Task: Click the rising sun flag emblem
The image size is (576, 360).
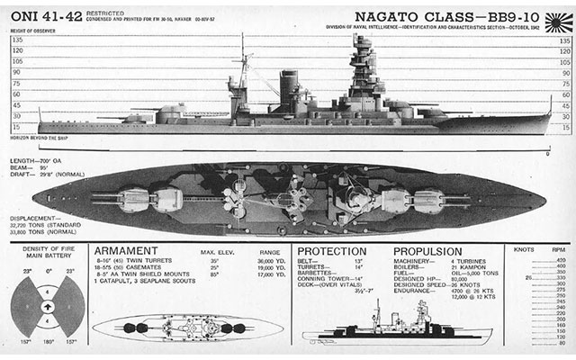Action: [x=560, y=17]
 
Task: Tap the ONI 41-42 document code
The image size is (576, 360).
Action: [x=40, y=15]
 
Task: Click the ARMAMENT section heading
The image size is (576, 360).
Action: [x=128, y=251]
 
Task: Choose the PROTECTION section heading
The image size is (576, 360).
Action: [x=332, y=251]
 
